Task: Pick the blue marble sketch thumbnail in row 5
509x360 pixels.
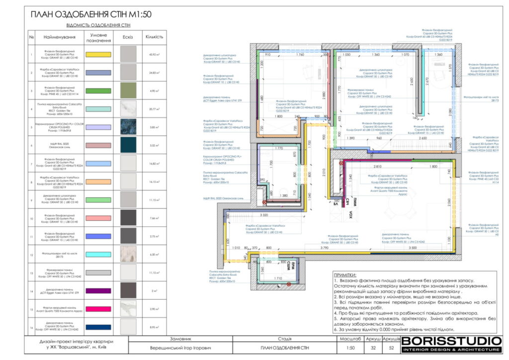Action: [x=128, y=127]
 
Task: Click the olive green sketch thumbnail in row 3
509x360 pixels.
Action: [x=128, y=90]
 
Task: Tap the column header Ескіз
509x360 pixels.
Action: [x=128, y=37]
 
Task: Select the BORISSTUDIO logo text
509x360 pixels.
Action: [x=451, y=341]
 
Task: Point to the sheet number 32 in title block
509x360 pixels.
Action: [x=373, y=348]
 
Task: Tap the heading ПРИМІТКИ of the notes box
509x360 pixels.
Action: [x=345, y=275]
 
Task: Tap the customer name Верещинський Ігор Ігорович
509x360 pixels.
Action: [x=177, y=348]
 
